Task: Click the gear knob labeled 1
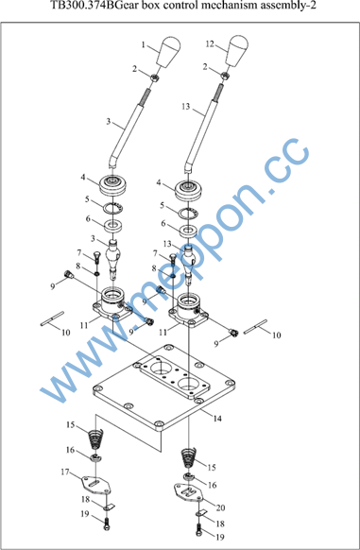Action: (x=168, y=52)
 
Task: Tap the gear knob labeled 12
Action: (x=237, y=51)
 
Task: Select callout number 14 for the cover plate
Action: (x=217, y=419)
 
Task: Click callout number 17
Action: (x=65, y=473)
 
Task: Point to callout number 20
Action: (x=220, y=507)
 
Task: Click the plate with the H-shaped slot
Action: (x=189, y=491)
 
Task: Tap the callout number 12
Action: (x=210, y=44)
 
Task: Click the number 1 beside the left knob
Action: (x=144, y=45)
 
